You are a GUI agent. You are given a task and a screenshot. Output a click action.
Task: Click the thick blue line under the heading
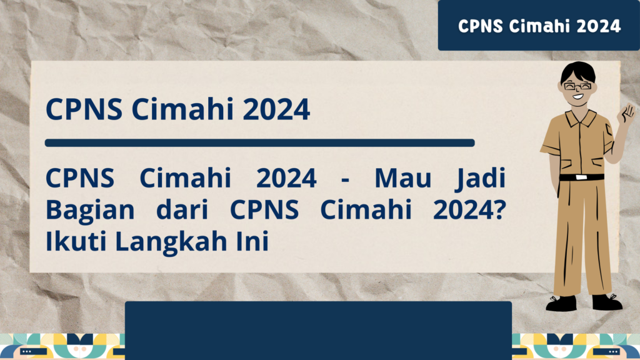coord(259,142)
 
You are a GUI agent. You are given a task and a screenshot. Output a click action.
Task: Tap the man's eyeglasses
coord(577,86)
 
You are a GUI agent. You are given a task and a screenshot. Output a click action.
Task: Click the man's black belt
coord(581,177)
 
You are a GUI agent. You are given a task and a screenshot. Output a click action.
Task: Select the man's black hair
coord(577,72)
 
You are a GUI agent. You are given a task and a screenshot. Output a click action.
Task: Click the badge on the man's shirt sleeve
coord(609,129)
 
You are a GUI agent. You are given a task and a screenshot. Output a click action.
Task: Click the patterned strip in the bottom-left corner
coord(62,347)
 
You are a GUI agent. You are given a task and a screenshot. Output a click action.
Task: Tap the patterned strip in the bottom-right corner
coord(576,347)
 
